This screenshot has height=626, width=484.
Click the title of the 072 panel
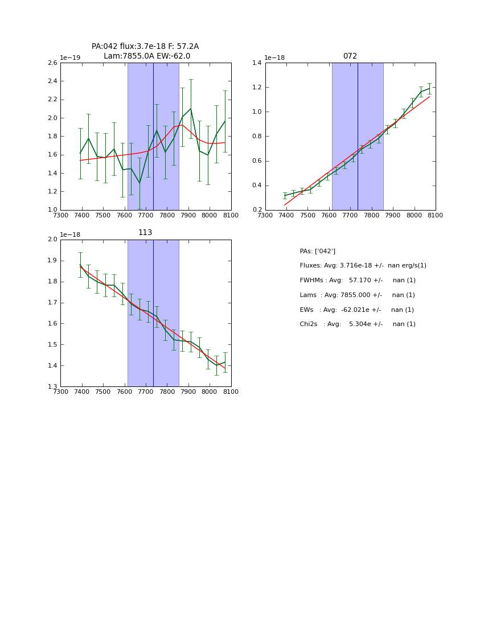350,56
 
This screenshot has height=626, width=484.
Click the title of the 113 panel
145,233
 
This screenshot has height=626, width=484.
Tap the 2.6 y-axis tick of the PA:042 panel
52,63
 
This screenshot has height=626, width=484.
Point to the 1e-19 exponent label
70,57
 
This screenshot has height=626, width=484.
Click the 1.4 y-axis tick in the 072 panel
257,63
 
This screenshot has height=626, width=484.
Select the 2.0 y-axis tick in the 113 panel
52,240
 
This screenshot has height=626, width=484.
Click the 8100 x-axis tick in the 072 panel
436,216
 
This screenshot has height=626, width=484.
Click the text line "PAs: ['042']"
317,251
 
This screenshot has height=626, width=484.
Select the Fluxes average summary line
363,266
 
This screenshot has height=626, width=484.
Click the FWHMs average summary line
358,281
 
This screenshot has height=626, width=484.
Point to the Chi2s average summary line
358,324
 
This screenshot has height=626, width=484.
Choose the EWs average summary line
357,310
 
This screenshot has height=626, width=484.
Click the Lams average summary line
357,295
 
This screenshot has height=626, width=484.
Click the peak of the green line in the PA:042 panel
191,109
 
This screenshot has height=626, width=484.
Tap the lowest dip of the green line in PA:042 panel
140,183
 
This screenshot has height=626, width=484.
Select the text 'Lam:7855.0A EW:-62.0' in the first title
147,56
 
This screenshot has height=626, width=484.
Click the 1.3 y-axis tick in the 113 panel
52,387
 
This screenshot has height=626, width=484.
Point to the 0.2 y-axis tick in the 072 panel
257,210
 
